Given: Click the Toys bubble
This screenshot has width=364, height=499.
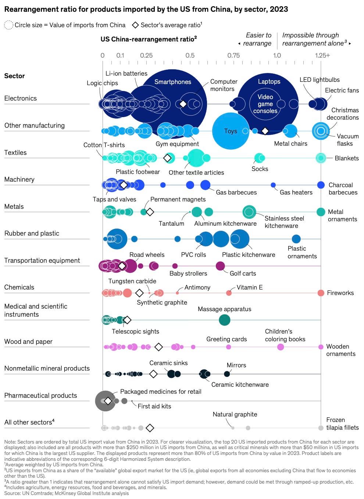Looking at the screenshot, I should (231, 131).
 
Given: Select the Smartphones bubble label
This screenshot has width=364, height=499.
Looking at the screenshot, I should (172, 82).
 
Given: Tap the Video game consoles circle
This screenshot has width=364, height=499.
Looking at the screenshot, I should (265, 104).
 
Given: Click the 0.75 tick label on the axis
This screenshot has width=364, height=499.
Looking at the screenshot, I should (233, 55).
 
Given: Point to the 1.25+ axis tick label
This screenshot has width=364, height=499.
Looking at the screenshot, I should (322, 55).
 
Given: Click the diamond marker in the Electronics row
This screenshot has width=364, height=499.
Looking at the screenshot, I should (183, 104).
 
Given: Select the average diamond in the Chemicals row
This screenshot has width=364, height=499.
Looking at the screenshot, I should (139, 293).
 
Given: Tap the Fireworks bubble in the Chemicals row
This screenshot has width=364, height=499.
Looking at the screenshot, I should (321, 293).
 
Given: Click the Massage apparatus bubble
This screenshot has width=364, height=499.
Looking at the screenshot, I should (224, 320).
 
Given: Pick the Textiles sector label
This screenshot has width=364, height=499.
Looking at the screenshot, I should (15, 153).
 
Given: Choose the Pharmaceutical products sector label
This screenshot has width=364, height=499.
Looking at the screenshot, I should (40, 396).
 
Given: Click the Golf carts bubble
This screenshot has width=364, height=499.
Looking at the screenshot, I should (220, 266).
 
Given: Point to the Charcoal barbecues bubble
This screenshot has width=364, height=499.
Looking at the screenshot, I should (321, 185).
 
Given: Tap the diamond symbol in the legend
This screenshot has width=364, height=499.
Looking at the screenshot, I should (135, 25).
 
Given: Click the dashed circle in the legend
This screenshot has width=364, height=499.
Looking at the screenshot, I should (8, 25).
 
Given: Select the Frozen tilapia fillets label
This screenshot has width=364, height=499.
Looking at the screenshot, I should (342, 424).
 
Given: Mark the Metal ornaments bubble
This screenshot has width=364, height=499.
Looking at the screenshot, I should (321, 212).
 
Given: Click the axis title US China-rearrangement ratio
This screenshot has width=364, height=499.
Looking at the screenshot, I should (149, 39).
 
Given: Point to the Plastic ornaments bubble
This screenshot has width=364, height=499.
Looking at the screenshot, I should (296, 239).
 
